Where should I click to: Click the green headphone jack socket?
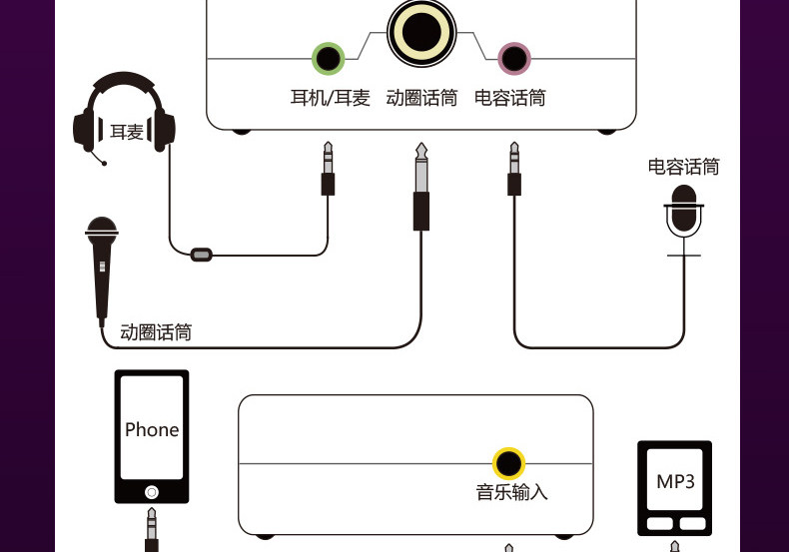pyautogui.click(x=328, y=58)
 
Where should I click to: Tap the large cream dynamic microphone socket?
pyautogui.click(x=421, y=32)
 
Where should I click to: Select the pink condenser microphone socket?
pyautogui.click(x=513, y=58)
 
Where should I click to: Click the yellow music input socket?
pyautogui.click(x=508, y=463)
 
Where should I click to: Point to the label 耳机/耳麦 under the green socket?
pyautogui.click(x=331, y=98)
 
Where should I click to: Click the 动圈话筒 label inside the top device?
pyautogui.click(x=421, y=98)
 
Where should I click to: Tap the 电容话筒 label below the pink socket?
pyautogui.click(x=509, y=98)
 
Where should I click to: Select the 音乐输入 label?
pyautogui.click(x=511, y=492)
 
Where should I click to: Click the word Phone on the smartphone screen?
pyautogui.click(x=152, y=430)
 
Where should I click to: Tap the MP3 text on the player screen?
pyautogui.click(x=675, y=481)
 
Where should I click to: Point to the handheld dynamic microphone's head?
pyautogui.click(x=102, y=230)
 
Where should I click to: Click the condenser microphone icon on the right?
pyautogui.click(x=683, y=221)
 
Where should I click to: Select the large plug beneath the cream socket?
pyautogui.click(x=421, y=187)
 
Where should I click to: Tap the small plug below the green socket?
pyautogui.click(x=328, y=169)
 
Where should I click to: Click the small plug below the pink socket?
pyautogui.click(x=513, y=169)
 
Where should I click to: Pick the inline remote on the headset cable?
pyautogui.click(x=202, y=255)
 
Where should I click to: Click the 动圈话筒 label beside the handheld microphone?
pyautogui.click(x=156, y=332)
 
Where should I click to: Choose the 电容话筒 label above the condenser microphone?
pyautogui.click(x=683, y=167)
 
